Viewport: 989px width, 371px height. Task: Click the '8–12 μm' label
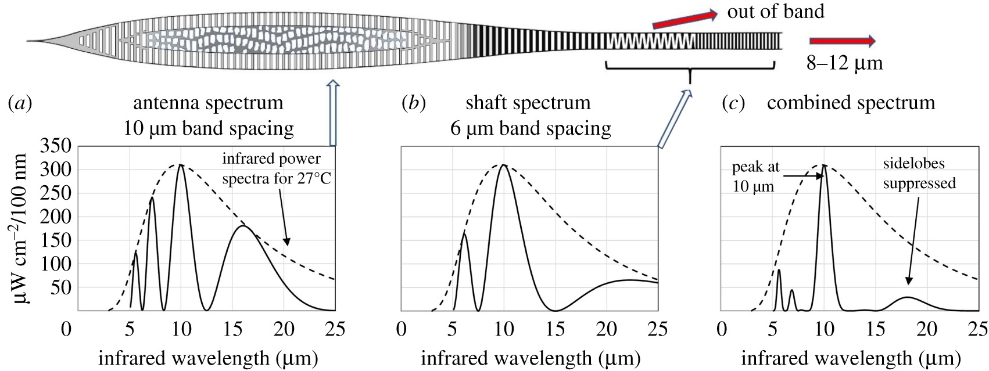click(x=844, y=63)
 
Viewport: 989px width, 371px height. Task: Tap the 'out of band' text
click(x=776, y=11)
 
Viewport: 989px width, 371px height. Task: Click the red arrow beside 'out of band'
click(x=685, y=19)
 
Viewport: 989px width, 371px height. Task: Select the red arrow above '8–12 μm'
click(x=842, y=41)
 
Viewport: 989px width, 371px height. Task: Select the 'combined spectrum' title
click(x=851, y=103)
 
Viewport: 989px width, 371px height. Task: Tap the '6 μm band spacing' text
click(x=531, y=128)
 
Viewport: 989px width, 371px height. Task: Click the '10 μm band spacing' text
click(x=209, y=128)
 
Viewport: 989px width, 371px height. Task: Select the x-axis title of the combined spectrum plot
click(x=851, y=358)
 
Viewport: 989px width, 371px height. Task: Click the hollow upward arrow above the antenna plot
click(x=334, y=113)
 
